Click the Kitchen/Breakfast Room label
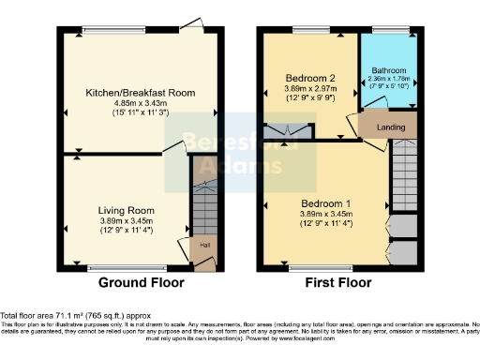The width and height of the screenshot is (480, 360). [127, 94]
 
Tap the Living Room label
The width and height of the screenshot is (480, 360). [127, 211]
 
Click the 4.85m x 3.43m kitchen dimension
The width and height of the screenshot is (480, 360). [127, 103]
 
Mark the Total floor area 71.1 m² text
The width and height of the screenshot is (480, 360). [75, 316]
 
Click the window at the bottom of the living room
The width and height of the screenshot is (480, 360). [127, 267]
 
